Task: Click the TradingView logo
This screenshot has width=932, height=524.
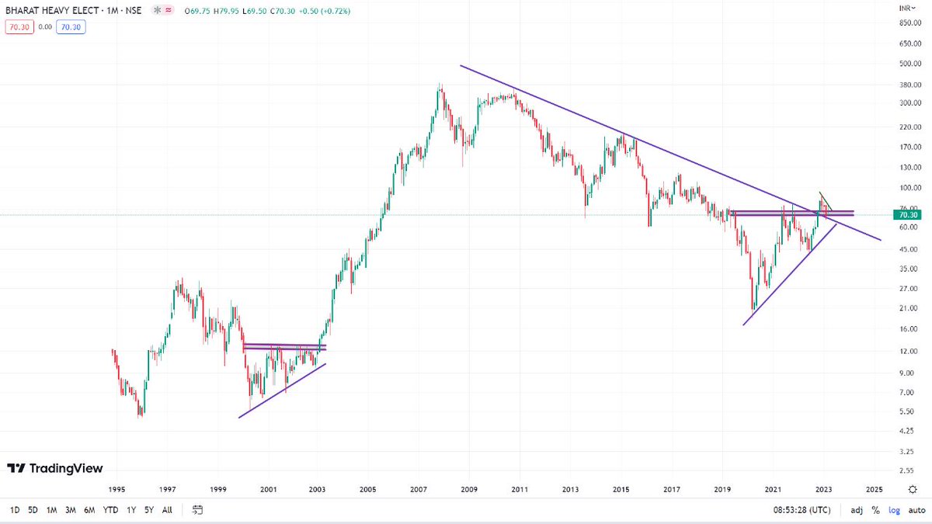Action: (x=54, y=468)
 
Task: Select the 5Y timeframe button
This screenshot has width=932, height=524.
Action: (x=148, y=510)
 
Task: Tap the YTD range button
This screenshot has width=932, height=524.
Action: (x=110, y=510)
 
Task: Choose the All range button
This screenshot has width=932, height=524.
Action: (x=167, y=510)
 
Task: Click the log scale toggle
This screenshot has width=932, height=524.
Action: (x=894, y=510)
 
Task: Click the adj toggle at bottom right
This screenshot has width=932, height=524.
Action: (x=856, y=510)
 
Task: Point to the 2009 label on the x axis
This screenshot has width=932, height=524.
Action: (x=469, y=490)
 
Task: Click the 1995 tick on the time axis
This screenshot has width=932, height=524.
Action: (x=116, y=490)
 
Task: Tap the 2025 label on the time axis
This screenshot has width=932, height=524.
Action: (x=874, y=490)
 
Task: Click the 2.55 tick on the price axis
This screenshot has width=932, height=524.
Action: (x=906, y=470)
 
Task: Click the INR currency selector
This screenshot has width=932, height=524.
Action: (x=906, y=7)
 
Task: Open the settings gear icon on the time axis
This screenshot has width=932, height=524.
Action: (x=912, y=490)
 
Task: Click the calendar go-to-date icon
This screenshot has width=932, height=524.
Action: (x=197, y=510)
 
